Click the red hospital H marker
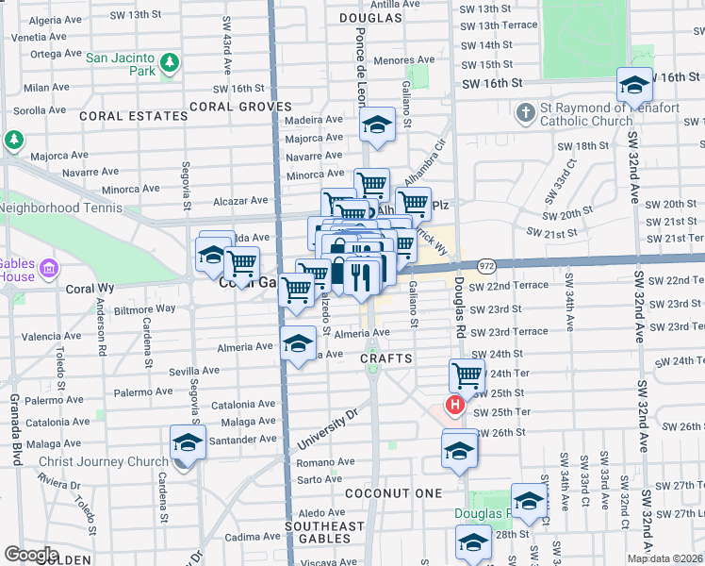tap(454, 407)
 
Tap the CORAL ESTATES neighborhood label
tap(133, 116)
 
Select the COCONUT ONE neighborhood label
tap(393, 493)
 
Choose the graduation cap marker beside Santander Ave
tap(189, 441)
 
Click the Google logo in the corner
tap(31, 555)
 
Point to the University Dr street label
tap(328, 427)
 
